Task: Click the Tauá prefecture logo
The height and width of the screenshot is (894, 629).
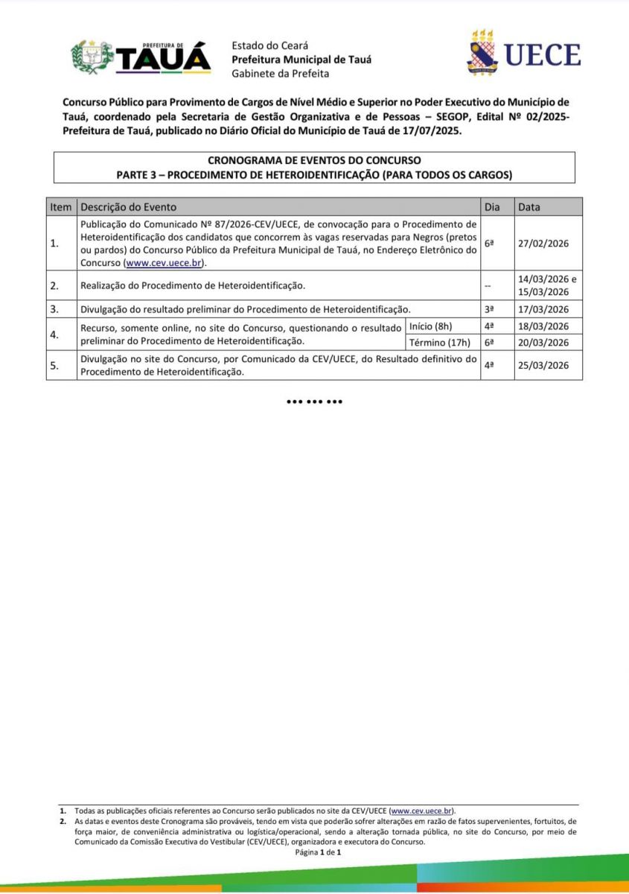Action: pyautogui.click(x=141, y=57)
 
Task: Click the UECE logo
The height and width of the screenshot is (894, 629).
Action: pyautogui.click(x=523, y=54)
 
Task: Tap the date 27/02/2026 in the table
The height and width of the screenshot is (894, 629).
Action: pyautogui.click(x=543, y=244)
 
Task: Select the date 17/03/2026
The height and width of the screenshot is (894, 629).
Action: pyautogui.click(x=543, y=309)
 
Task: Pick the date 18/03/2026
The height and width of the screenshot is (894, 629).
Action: pyautogui.click(x=543, y=326)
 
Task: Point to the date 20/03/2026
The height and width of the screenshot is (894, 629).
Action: pyautogui.click(x=543, y=343)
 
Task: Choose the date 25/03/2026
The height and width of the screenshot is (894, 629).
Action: pyautogui.click(x=543, y=366)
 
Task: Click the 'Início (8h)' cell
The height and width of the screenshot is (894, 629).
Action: pyautogui.click(x=431, y=326)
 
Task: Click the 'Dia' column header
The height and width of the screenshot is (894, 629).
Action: pyautogui.click(x=492, y=207)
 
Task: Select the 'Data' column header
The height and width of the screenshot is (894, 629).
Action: pyautogui.click(x=529, y=207)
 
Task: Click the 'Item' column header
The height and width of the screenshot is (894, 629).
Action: pyautogui.click(x=60, y=207)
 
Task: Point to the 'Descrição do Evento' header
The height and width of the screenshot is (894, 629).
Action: pyautogui.click(x=129, y=207)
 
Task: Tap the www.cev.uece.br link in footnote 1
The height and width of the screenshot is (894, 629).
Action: pyautogui.click(x=421, y=811)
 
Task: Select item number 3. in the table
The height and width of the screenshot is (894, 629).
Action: pyautogui.click(x=54, y=309)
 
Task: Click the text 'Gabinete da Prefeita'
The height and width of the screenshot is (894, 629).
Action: pyautogui.click(x=280, y=73)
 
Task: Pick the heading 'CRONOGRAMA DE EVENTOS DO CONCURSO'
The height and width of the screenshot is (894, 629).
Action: pyautogui.click(x=314, y=160)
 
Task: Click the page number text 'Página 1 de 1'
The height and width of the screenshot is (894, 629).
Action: pyautogui.click(x=318, y=852)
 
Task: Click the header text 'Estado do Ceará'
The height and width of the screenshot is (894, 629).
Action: pyautogui.click(x=269, y=45)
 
